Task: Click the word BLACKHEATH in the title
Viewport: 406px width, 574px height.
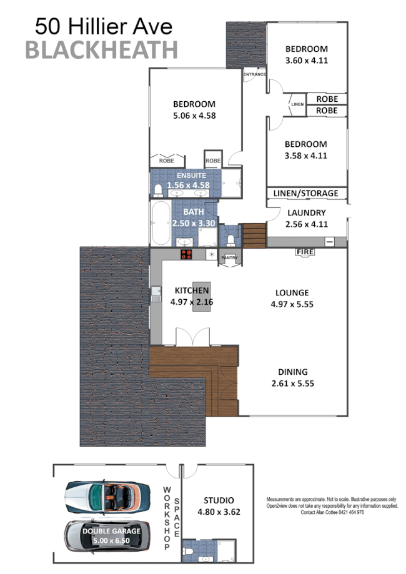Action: point(101,49)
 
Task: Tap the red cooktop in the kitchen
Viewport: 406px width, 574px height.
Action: point(186,254)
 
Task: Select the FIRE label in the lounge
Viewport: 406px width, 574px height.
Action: point(305,252)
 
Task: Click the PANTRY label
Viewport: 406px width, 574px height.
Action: point(228,255)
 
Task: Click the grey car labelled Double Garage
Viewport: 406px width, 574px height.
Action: point(107,535)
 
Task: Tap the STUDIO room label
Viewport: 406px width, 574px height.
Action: point(218,500)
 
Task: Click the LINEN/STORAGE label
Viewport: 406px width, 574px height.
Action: point(305,193)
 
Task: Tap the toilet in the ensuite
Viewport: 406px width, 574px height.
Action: point(158,190)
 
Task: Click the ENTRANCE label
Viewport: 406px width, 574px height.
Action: point(255,74)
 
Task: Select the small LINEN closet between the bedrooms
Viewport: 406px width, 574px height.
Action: point(297,104)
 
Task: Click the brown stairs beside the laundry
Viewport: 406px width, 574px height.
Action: point(254,235)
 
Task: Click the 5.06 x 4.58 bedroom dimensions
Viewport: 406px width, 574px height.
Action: point(194,115)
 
